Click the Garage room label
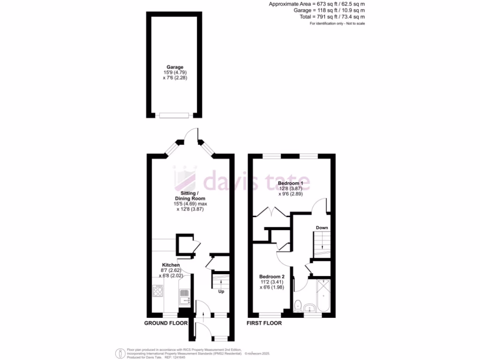tap(175, 67)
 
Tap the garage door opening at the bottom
tap(174, 115)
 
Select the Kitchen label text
tap(171, 265)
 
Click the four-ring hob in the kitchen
tap(157, 291)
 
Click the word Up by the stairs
tap(221, 292)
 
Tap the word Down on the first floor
tap(322, 228)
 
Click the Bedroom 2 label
tap(272, 277)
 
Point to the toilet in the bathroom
tap(298, 306)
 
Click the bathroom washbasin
tap(309, 308)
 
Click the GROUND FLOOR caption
tap(165, 323)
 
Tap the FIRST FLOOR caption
tap(264, 323)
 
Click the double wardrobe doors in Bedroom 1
tap(271, 213)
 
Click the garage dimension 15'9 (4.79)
tap(175, 73)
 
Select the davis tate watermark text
tap(253, 179)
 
